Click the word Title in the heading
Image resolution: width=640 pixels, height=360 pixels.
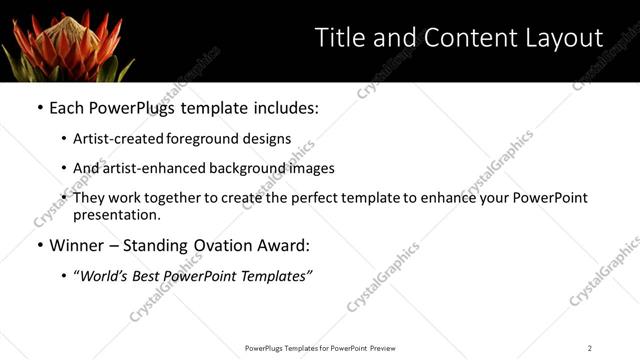coord(341,38)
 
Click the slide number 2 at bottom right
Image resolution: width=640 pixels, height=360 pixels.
coord(589,348)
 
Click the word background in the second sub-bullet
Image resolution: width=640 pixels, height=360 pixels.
coord(259,169)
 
